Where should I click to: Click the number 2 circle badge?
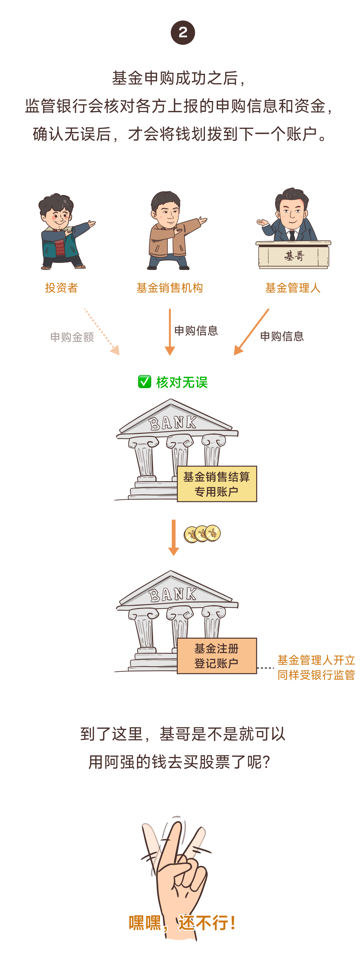pos(183,33)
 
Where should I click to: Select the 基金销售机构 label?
pos(169,288)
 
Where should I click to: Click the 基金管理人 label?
pos(293,288)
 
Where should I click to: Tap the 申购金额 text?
pos(72,337)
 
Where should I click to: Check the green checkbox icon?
pos(144,382)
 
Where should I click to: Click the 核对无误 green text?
pos(182,382)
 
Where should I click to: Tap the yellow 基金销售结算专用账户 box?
pos(216,484)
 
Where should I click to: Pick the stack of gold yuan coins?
pos(202,534)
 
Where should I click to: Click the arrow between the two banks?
pos(173,537)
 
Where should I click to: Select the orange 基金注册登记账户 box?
pos(216,655)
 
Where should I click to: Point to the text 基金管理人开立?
pos(316,660)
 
